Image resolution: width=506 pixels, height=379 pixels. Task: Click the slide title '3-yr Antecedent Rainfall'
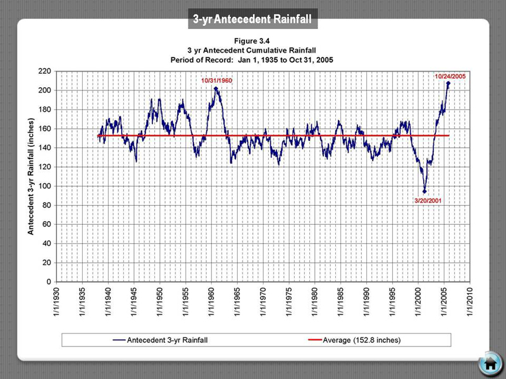(x=252, y=20)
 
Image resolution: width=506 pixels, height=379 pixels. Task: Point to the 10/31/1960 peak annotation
(x=217, y=81)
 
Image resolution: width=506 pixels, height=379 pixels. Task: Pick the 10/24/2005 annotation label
(x=450, y=76)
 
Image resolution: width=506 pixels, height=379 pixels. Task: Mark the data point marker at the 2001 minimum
(x=424, y=191)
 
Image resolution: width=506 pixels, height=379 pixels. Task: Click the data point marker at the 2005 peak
(x=448, y=83)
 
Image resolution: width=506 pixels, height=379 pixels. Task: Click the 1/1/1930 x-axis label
(x=58, y=305)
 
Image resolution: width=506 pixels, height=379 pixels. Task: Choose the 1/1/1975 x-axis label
(x=290, y=305)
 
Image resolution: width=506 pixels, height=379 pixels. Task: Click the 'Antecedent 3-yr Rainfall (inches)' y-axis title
(x=30, y=177)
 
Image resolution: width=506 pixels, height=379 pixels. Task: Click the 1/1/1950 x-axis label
(x=161, y=305)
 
